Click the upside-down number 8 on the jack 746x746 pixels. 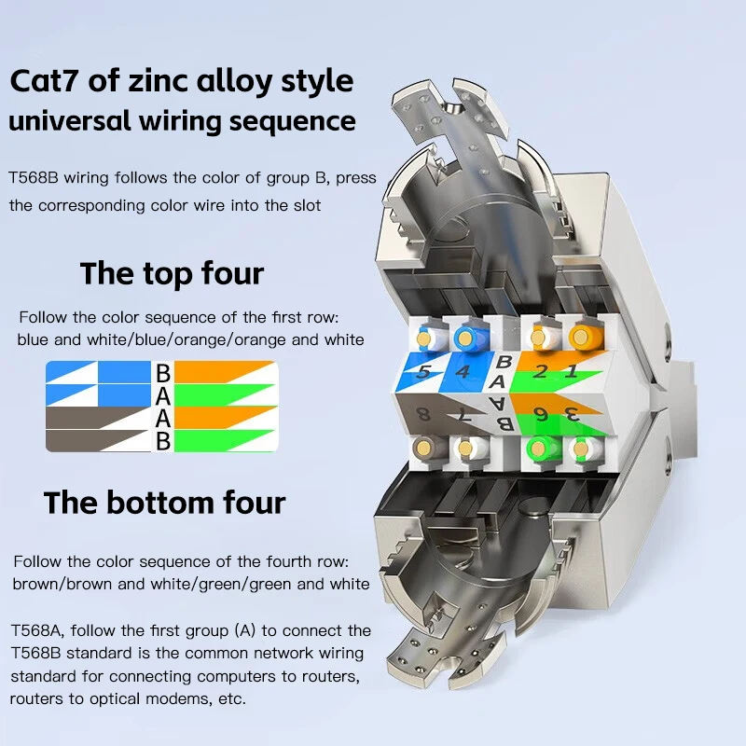coord(424,414)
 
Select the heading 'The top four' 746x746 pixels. coord(172,273)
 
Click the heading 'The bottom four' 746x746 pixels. coord(164,503)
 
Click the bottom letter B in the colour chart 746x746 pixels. coord(163,441)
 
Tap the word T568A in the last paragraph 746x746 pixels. coord(35,630)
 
